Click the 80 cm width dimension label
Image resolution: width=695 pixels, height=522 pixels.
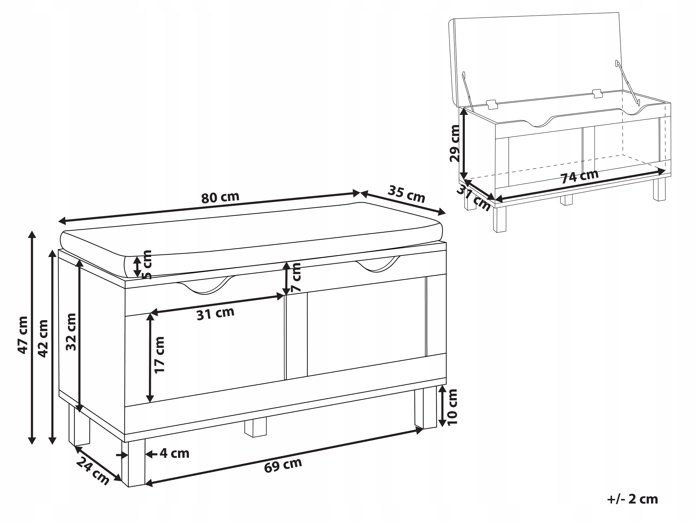220,197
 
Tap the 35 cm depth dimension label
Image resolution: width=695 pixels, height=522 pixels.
407,194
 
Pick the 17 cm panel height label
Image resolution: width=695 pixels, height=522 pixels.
160,355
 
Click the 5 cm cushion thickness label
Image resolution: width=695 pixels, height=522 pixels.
147,264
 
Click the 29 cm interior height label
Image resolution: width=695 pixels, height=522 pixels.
454,143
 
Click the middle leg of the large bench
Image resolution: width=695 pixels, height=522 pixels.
255,427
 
